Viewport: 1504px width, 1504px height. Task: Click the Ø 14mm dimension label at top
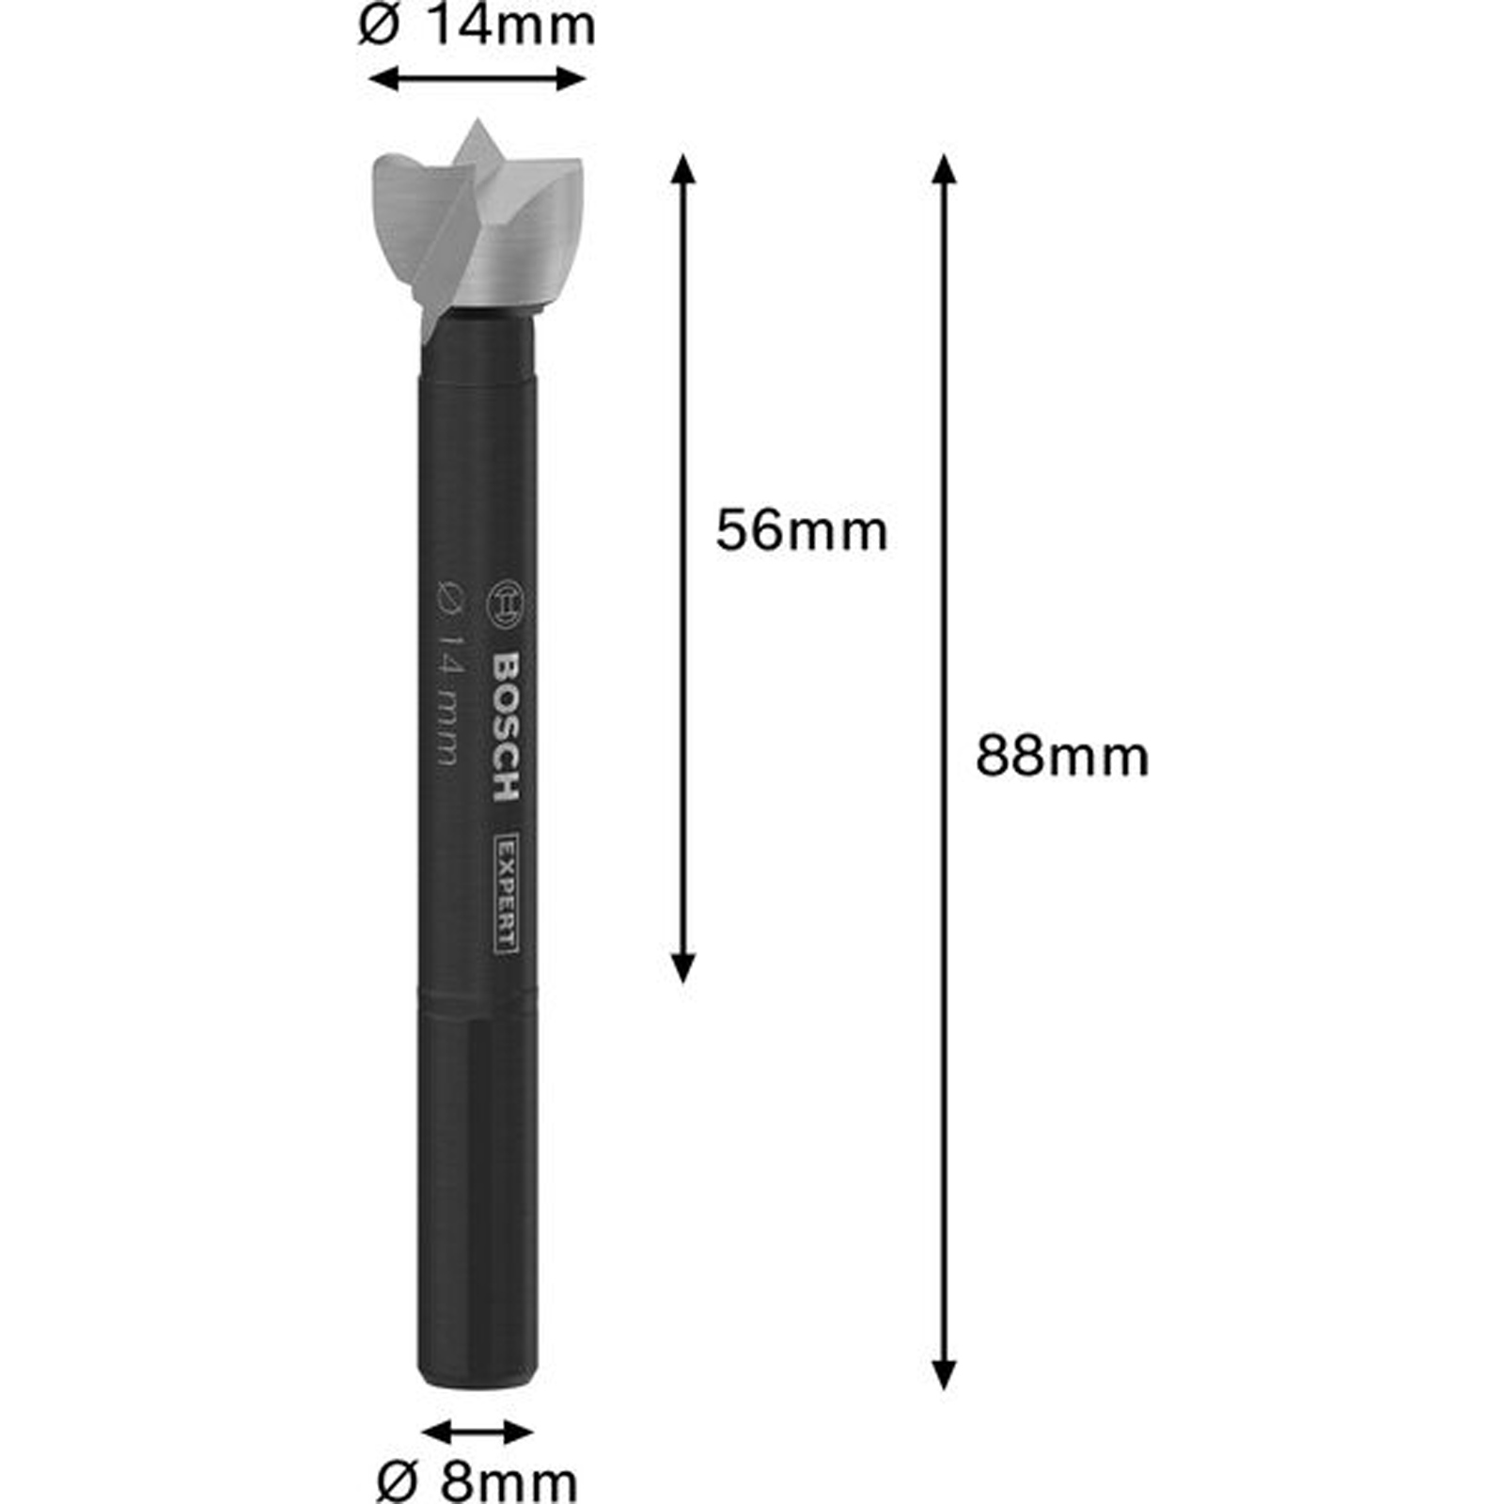[477, 25]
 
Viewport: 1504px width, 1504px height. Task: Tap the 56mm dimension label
[801, 531]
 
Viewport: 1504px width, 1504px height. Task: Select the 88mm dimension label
[1062, 757]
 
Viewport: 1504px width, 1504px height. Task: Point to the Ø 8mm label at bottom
[477, 1482]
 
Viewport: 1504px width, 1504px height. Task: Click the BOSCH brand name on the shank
[507, 727]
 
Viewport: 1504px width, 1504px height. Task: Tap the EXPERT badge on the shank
[506, 893]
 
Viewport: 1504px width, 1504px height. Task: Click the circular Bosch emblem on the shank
[508, 603]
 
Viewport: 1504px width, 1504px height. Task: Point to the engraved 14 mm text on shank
[449, 672]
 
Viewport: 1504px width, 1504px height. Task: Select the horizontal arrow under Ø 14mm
[478, 79]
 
